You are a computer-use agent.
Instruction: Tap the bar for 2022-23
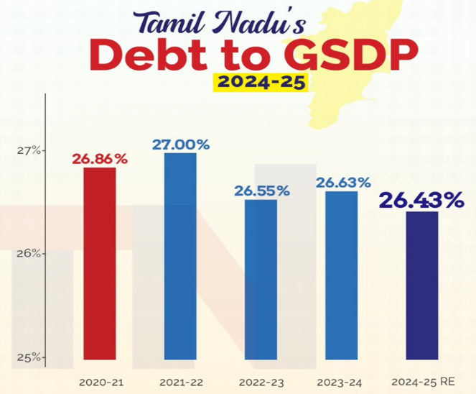261,279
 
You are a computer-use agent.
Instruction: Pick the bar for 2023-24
341,275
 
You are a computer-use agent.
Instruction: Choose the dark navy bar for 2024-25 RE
421,285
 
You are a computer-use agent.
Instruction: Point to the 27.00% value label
181,145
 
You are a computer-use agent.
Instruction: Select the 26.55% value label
261,191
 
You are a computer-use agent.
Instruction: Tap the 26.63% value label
343,183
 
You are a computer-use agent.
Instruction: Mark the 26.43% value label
421,201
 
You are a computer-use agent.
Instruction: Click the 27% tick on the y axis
29,151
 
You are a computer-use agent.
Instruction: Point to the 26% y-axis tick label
29,254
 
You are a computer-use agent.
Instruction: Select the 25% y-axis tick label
29,358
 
